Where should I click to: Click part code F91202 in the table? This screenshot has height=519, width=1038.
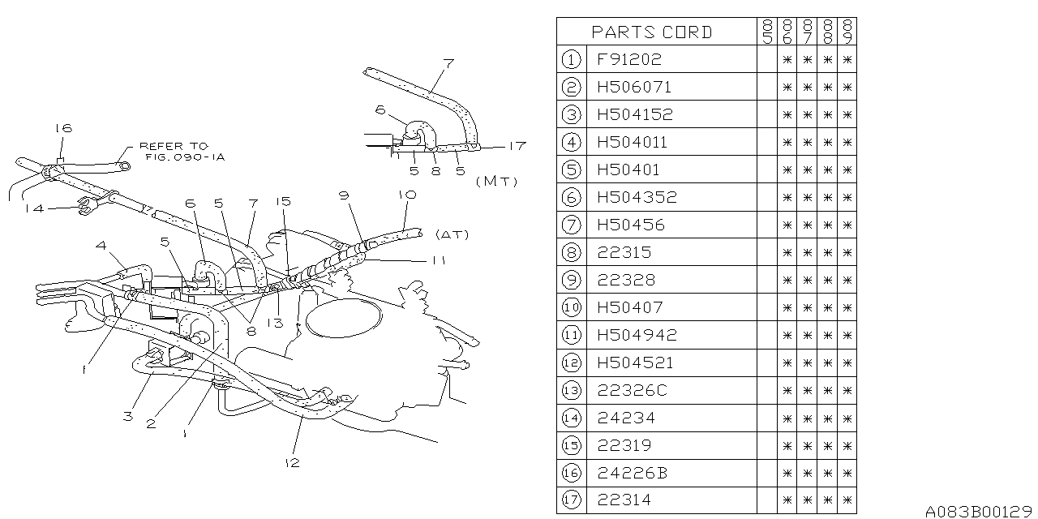click(629, 59)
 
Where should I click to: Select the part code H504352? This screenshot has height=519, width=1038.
click(637, 197)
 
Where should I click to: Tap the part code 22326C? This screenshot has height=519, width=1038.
click(632, 390)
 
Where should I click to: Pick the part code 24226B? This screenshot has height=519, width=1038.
click(632, 473)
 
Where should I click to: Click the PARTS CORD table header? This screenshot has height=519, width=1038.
click(652, 32)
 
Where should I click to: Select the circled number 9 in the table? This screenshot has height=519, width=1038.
click(571, 280)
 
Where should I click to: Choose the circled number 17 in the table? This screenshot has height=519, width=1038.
click(571, 500)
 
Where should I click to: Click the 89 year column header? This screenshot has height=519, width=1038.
click(847, 32)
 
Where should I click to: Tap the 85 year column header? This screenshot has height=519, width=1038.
click(766, 32)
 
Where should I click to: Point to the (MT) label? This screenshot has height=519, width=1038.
click(497, 181)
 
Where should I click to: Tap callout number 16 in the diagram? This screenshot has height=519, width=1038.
click(63, 128)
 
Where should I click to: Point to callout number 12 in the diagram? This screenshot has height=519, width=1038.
click(292, 462)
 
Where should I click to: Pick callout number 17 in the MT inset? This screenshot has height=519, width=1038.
click(517, 146)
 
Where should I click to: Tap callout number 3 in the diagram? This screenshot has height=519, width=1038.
click(127, 417)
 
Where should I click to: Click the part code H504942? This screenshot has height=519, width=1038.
click(637, 335)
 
